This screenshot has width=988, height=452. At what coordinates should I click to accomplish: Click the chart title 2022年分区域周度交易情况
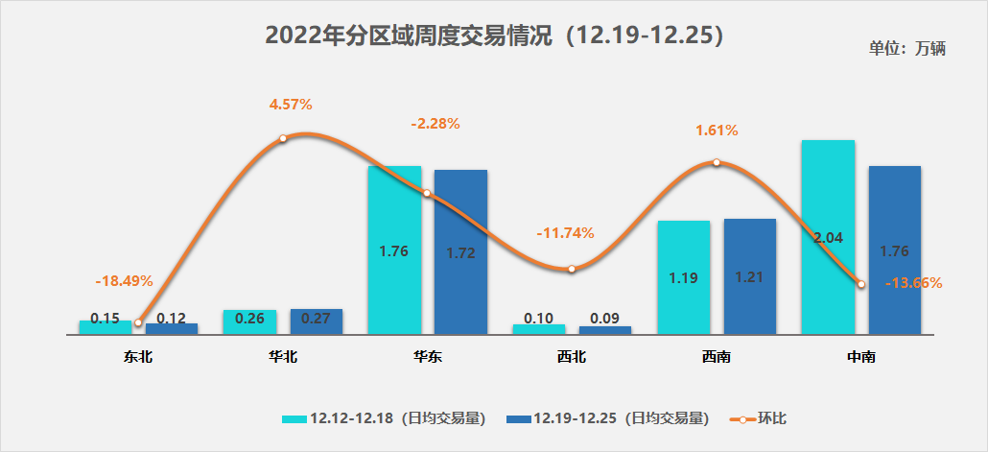(x=493, y=36)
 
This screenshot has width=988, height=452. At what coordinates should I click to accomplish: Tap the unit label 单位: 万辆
(x=907, y=49)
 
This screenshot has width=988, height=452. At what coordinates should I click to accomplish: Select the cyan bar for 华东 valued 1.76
(x=394, y=250)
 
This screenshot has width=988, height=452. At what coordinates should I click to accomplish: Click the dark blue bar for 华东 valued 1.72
(x=460, y=251)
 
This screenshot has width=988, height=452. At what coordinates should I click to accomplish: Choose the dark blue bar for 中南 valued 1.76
(x=894, y=250)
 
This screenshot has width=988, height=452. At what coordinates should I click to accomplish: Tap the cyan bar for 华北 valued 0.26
(x=249, y=321)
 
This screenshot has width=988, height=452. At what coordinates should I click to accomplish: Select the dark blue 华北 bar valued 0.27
(x=316, y=321)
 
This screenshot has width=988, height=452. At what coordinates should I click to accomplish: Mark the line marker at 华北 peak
(x=283, y=139)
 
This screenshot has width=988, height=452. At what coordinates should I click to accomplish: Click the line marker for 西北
(x=572, y=269)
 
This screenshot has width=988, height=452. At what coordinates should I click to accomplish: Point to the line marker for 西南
(x=717, y=163)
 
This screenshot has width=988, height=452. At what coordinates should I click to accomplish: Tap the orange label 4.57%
(x=291, y=104)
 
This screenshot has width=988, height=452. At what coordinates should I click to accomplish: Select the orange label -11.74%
(x=566, y=232)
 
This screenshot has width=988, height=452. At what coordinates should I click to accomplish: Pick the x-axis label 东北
(x=138, y=357)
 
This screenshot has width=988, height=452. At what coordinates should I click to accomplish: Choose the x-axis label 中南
(x=860, y=357)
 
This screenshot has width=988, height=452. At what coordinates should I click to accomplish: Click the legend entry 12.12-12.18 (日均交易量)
(x=384, y=418)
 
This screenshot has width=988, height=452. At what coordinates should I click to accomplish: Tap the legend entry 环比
(x=761, y=418)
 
